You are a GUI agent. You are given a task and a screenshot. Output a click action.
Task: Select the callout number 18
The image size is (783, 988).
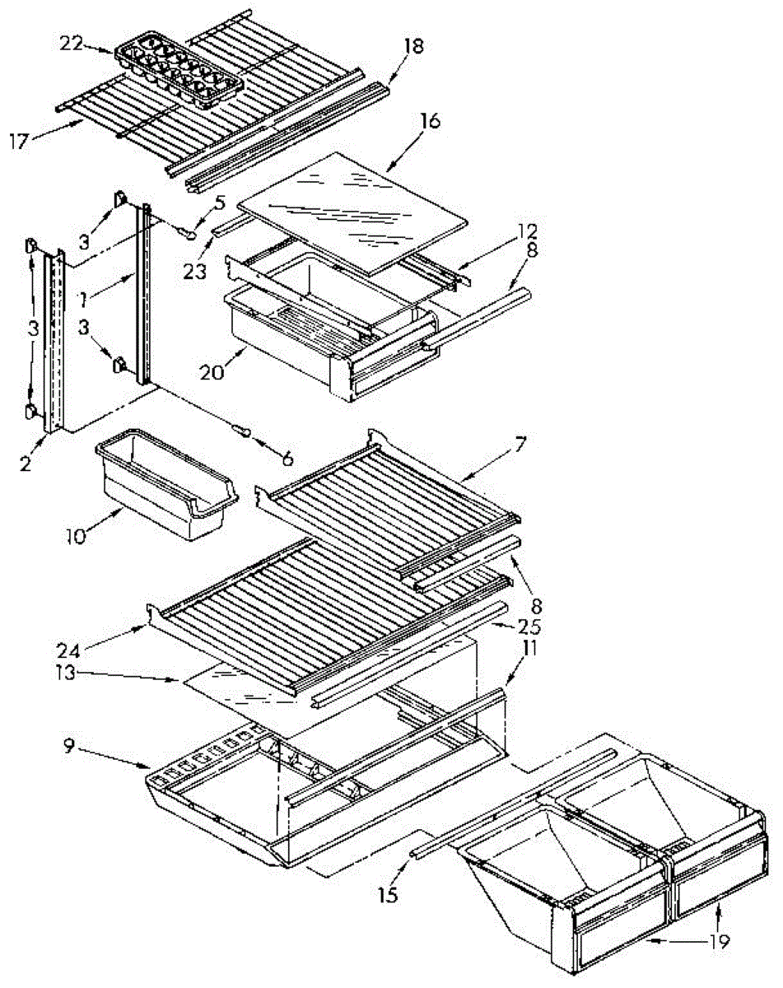(413, 47)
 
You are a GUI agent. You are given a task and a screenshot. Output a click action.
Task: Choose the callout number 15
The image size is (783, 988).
(389, 895)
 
